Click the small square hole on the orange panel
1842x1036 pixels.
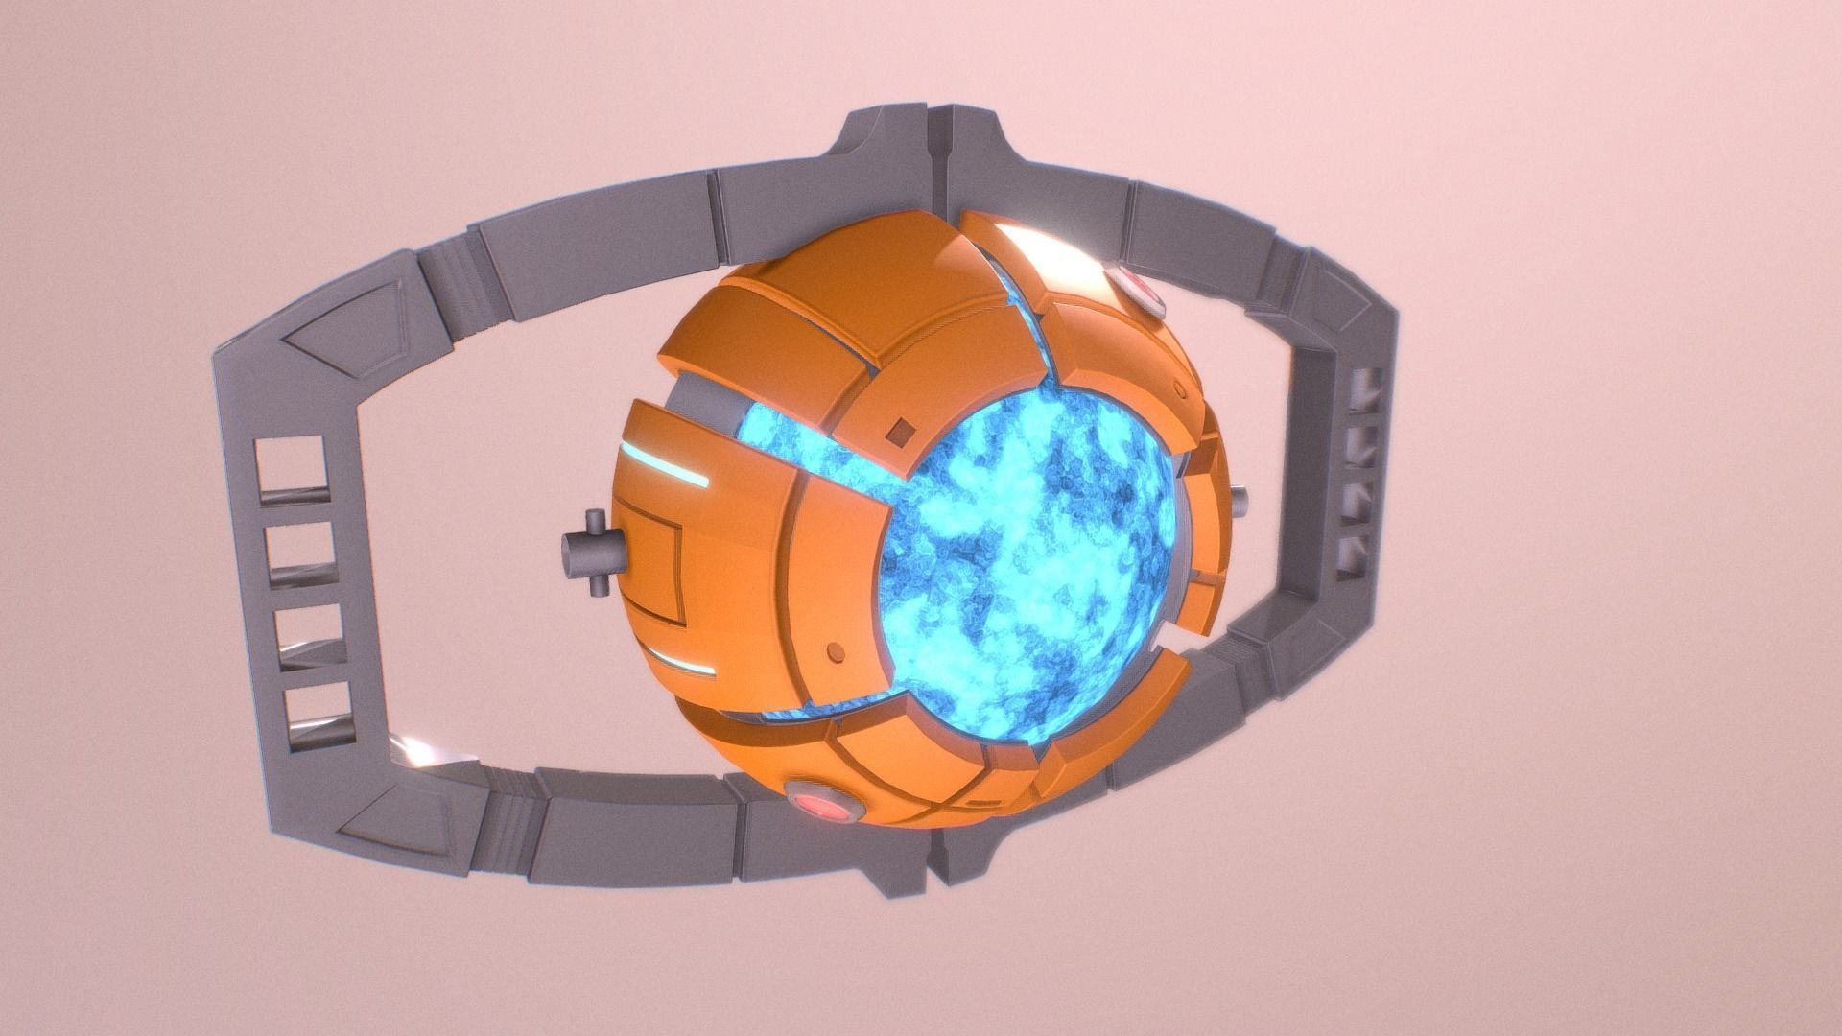point(900,433)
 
